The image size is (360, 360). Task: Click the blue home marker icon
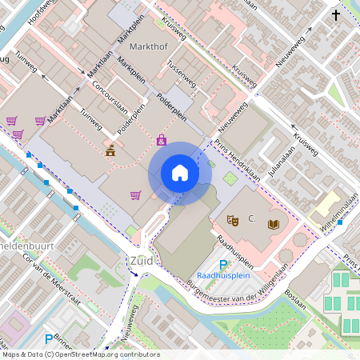180,173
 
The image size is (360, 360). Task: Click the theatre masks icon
234,218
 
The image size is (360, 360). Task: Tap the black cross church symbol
336,15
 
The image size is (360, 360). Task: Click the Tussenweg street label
182,79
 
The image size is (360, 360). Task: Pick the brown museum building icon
110,150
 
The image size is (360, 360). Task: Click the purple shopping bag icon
162,140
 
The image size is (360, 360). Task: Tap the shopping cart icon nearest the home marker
135,194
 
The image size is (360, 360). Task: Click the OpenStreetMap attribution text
80,354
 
